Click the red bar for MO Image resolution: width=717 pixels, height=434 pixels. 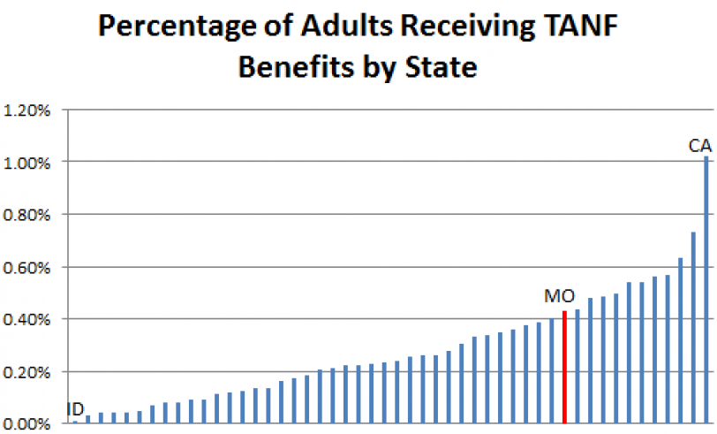click(564, 367)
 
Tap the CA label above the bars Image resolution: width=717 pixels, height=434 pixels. click(700, 145)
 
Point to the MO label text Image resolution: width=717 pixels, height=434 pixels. click(560, 296)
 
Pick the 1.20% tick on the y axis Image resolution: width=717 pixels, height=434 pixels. click(28, 110)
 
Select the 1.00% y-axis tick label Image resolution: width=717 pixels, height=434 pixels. click(28, 163)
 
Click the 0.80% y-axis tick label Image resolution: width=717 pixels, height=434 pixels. click(28, 215)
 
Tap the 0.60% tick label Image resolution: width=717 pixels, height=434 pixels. click(28, 267)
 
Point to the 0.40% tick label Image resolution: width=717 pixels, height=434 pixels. click(28, 319)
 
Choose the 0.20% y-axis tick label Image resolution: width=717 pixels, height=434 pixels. click(28, 371)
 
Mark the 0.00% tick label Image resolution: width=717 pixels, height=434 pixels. click(28, 423)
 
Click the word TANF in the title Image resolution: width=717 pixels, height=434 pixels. click(579, 27)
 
